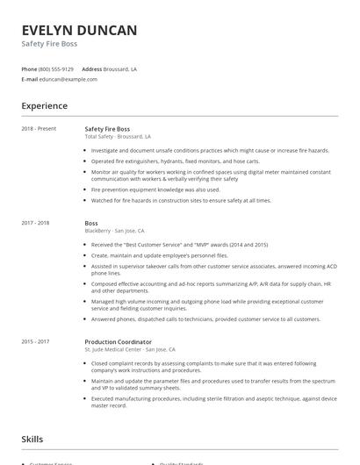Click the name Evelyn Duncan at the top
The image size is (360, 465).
[x=79, y=30]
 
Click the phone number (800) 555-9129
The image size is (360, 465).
[x=56, y=68]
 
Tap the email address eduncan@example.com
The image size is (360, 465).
[x=68, y=79]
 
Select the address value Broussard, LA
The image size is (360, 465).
[x=121, y=68]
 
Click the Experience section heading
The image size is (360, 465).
[x=44, y=106]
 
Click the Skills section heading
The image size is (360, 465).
[x=33, y=438]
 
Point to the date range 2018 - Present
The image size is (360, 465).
[x=39, y=129]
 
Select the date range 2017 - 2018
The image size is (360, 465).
[x=35, y=223]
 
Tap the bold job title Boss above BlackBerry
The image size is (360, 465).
[x=91, y=223]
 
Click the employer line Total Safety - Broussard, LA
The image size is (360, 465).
[x=118, y=137]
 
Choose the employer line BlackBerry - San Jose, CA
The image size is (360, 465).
[x=114, y=231]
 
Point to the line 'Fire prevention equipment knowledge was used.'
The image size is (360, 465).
[x=155, y=190]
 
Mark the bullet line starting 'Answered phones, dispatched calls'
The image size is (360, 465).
[x=205, y=318]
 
